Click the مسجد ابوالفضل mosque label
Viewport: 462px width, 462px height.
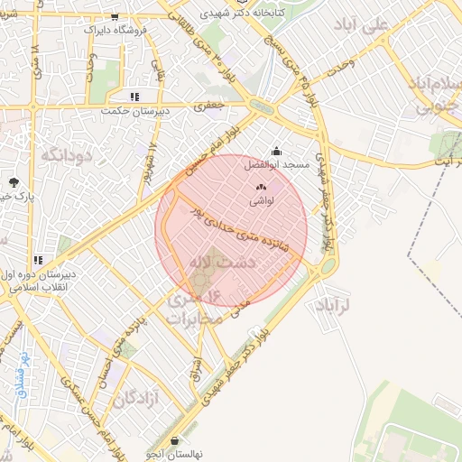277,166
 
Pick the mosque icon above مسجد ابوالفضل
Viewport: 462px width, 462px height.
276,152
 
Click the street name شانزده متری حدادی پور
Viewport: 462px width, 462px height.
244,229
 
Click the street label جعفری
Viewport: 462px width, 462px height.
209,106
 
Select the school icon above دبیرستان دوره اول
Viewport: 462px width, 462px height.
38,260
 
